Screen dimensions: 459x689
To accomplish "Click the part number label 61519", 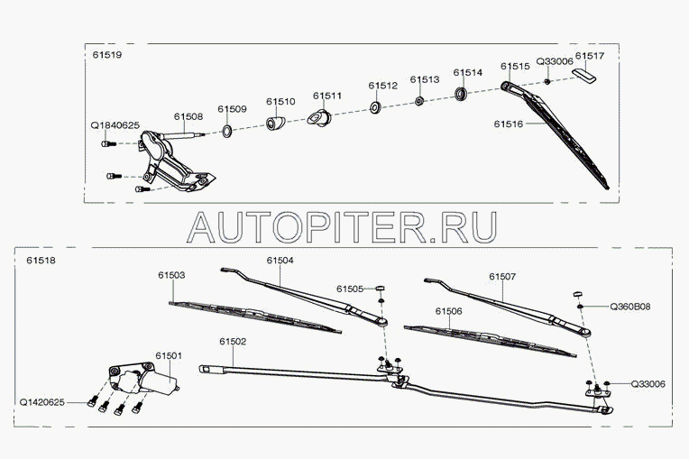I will point(106,55).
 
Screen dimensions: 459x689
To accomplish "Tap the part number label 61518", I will point(41,261).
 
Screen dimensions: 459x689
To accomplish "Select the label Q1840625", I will point(115,125).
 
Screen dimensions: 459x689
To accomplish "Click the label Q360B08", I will point(631,308).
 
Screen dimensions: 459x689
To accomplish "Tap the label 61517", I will point(590,56).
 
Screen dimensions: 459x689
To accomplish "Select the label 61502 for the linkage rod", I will point(233,342).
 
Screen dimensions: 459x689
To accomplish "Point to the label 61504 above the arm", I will point(280,260).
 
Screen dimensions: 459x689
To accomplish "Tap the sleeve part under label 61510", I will point(276,124).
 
